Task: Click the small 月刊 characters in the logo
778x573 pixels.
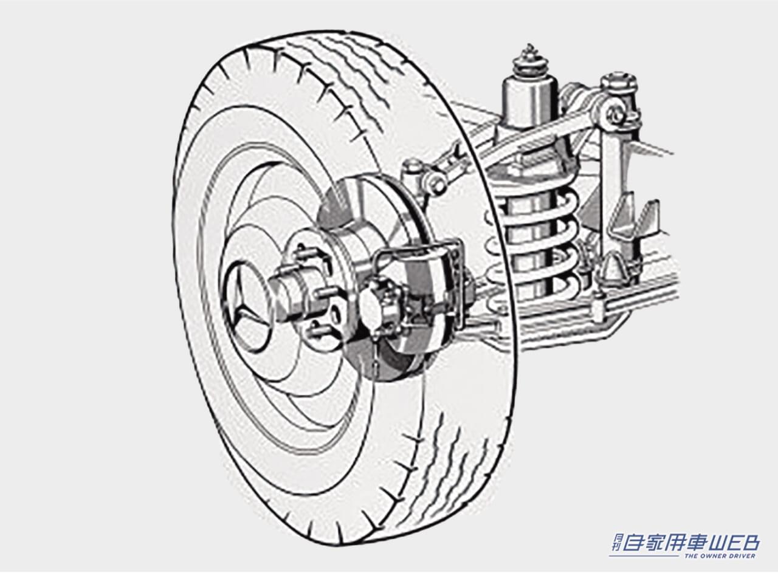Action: [614, 543]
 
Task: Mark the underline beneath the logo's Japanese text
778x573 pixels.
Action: [644, 555]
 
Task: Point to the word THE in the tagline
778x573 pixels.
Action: [693, 555]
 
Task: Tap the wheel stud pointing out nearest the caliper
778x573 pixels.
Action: [331, 292]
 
